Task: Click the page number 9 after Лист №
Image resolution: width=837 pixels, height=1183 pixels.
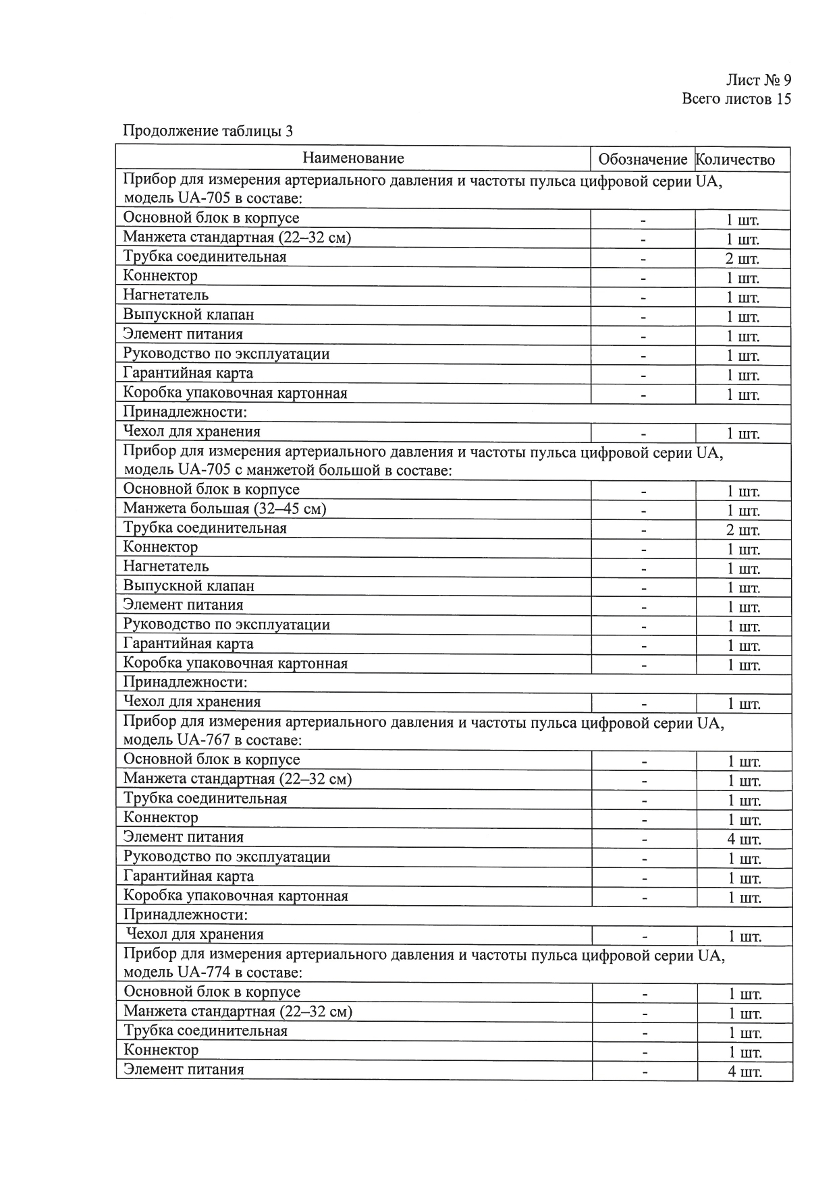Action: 786,80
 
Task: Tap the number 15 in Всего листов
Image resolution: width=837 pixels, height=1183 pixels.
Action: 783,99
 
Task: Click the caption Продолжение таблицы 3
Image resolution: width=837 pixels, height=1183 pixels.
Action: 207,131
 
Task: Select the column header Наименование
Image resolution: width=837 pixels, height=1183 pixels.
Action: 353,158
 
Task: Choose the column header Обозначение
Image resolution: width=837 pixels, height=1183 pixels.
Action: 643,160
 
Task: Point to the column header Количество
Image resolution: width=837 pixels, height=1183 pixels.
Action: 735,160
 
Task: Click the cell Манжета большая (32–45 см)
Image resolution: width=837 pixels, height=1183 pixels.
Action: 224,509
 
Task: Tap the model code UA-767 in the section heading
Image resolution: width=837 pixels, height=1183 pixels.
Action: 200,741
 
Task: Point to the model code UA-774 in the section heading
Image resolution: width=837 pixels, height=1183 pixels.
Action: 200,973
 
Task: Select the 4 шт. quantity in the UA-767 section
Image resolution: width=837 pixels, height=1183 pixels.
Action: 745,840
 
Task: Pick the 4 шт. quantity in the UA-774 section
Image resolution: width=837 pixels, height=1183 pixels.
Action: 745,1072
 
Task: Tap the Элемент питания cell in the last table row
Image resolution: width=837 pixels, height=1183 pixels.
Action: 184,1070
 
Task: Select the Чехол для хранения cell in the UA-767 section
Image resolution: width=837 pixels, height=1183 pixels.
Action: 195,935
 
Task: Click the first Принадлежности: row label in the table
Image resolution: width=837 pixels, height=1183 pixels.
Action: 185,412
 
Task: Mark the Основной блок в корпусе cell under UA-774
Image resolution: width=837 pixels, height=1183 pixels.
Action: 212,992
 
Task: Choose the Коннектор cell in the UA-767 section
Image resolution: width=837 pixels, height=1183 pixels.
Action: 161,818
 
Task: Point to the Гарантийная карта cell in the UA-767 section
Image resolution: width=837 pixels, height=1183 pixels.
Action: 188,876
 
